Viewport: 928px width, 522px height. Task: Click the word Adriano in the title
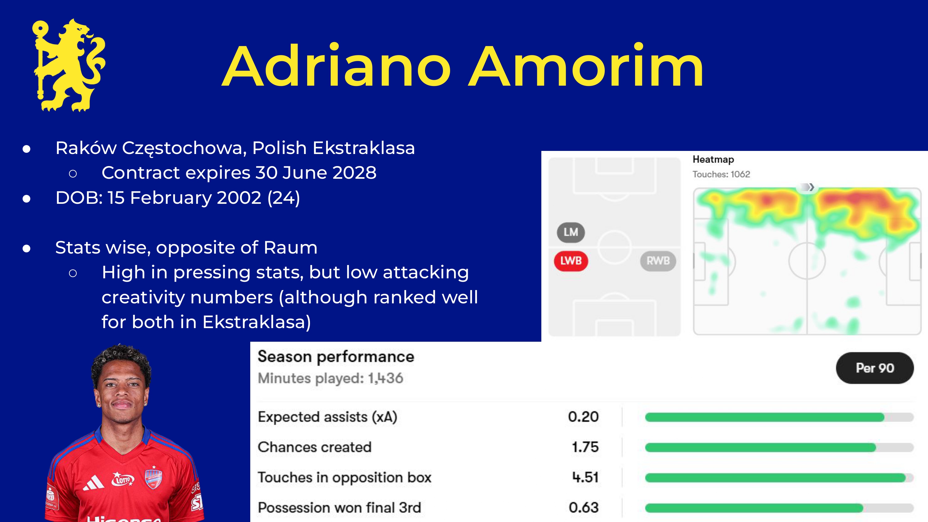click(337, 66)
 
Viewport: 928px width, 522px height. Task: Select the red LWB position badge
click(571, 261)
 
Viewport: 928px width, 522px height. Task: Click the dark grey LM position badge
click(571, 232)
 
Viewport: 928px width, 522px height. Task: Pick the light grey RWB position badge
click(658, 261)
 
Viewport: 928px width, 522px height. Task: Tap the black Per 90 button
click(875, 368)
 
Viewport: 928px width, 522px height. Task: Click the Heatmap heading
click(713, 159)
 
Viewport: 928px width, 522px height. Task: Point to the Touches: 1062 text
click(721, 174)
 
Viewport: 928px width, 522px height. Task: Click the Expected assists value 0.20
click(583, 417)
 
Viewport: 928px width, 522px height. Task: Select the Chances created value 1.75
click(585, 447)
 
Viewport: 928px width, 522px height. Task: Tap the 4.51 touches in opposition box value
click(585, 477)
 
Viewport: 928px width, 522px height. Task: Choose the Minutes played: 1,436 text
click(330, 378)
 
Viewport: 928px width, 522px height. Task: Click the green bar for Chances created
click(760, 447)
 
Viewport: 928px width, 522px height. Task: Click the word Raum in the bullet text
click(290, 247)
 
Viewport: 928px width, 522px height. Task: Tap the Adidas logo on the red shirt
click(93, 483)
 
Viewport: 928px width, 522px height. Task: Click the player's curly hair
click(121, 360)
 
